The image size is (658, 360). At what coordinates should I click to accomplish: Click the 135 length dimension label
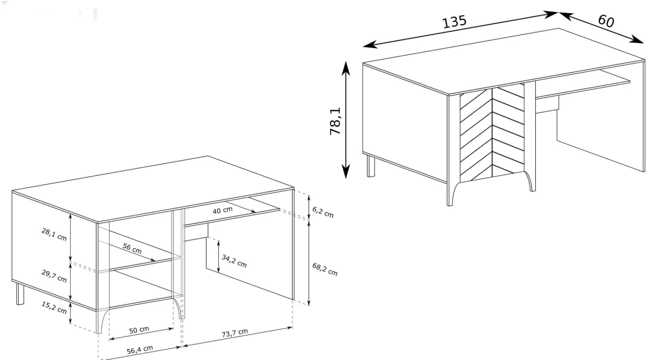[454, 21]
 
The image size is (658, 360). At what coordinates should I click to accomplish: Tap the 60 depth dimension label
[606, 21]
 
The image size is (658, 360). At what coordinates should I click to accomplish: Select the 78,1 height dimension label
[336, 121]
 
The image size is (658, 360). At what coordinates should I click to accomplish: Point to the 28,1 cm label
[54, 235]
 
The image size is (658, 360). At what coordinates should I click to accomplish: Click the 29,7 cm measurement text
[54, 276]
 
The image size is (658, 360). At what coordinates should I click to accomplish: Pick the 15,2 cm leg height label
[54, 307]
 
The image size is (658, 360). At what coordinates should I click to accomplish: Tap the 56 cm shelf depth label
[132, 248]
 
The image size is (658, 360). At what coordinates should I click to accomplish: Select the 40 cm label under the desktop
[223, 210]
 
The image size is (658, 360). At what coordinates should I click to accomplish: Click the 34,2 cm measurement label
[234, 261]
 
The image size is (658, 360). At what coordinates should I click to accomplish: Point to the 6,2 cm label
[323, 212]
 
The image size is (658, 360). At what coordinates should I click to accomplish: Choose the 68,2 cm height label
[325, 269]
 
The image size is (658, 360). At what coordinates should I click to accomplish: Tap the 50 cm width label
[139, 330]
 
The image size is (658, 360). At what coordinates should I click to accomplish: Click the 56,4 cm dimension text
[140, 350]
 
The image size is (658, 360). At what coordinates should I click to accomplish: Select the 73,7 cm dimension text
[235, 333]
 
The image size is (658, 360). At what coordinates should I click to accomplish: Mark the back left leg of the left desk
[20, 294]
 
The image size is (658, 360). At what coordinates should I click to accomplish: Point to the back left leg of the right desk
[371, 166]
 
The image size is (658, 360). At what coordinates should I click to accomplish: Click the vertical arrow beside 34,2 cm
[219, 256]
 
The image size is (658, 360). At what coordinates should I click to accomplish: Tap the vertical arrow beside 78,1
[346, 120]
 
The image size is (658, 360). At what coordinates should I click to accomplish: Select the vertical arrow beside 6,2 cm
[309, 207]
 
